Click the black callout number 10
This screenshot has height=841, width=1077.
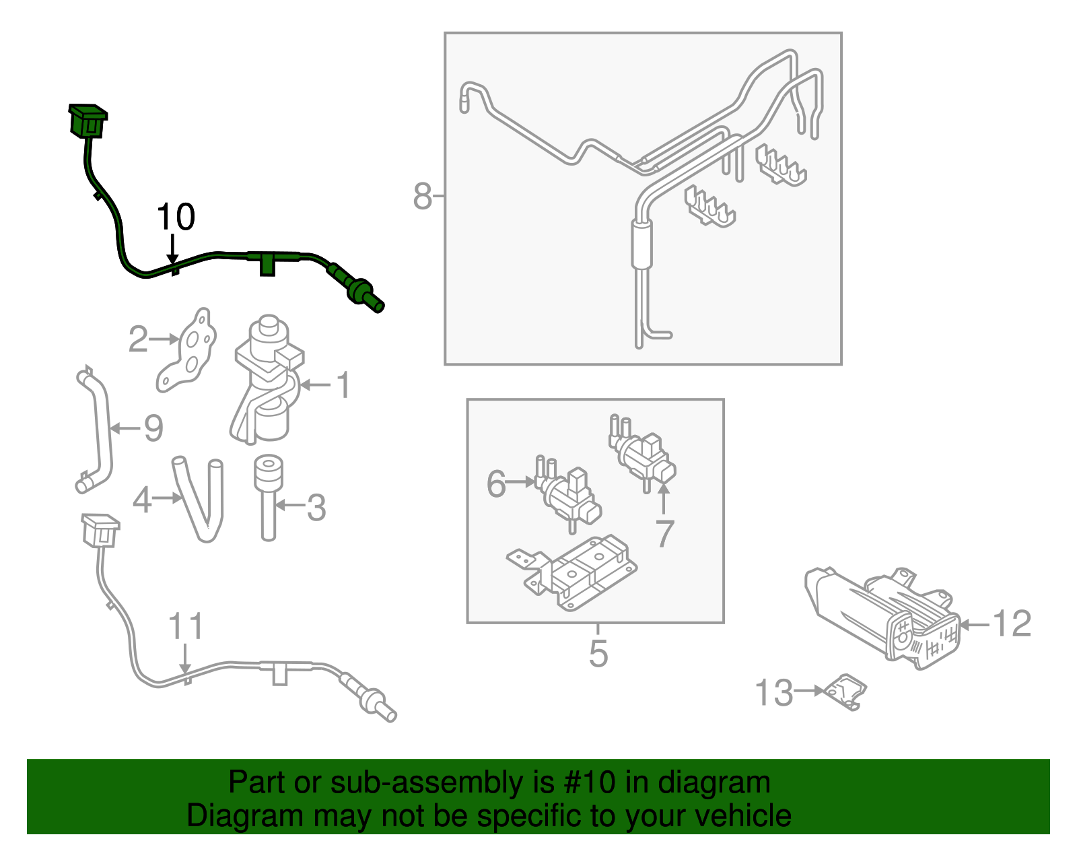[x=176, y=217]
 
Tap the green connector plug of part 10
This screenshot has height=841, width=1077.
[x=88, y=121]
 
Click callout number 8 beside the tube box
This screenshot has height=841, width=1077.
[x=422, y=197]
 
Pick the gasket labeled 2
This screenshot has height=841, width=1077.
[x=188, y=349]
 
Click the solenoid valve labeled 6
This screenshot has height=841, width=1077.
[x=569, y=495]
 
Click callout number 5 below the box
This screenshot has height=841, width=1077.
[x=598, y=654]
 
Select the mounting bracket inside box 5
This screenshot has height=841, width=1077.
[x=572, y=572]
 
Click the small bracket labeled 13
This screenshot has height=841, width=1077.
[x=846, y=692]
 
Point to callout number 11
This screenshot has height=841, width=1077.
[x=185, y=627]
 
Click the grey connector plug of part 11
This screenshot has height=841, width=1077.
[x=100, y=531]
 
